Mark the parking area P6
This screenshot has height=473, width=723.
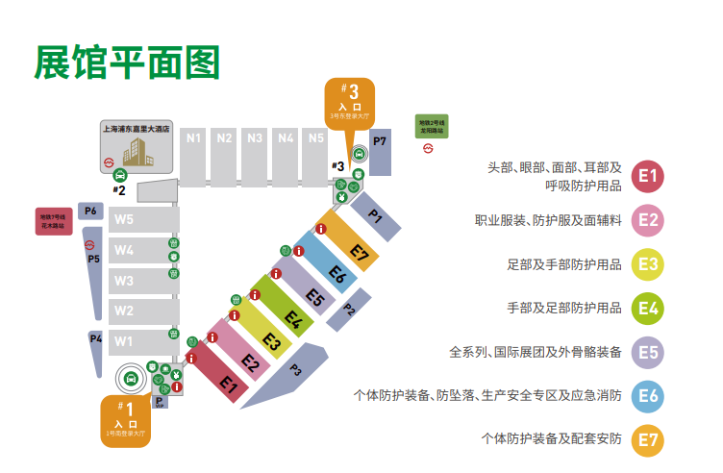(91, 211)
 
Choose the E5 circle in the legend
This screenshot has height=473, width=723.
(650, 352)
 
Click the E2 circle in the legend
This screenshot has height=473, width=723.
(650, 220)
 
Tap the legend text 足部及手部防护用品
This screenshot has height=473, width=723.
(563, 264)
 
